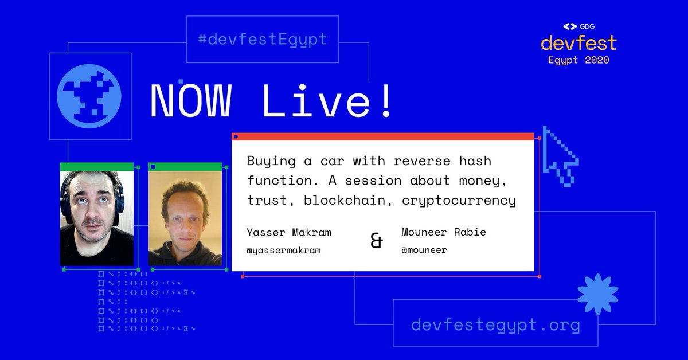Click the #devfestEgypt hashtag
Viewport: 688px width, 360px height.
point(261,40)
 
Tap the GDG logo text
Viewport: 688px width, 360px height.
point(585,26)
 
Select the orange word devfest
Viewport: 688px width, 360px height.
point(578,43)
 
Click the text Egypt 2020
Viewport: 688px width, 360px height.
point(578,60)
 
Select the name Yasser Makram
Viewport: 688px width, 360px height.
point(289,233)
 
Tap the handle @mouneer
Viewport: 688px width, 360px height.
point(424,251)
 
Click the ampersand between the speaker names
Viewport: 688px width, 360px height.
point(377,241)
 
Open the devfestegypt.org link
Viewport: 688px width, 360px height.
point(495,326)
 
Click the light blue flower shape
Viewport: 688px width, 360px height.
point(597,294)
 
